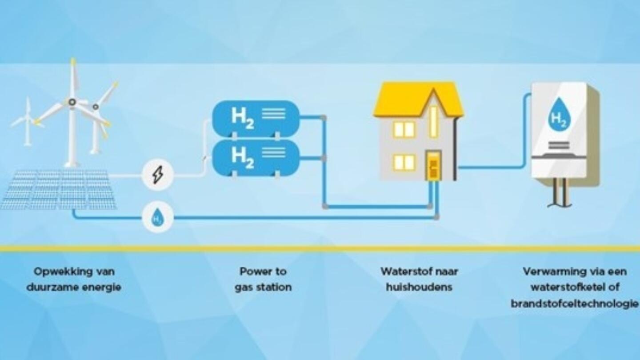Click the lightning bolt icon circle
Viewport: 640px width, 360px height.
click(x=157, y=175)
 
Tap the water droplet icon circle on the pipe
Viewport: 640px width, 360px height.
click(x=157, y=217)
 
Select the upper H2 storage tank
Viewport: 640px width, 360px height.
click(x=256, y=117)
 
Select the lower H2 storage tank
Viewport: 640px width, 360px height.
click(x=256, y=156)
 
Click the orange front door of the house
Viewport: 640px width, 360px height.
click(x=433, y=166)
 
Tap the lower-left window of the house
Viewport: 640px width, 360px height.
click(x=404, y=163)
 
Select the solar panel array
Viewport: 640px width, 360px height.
click(x=58, y=189)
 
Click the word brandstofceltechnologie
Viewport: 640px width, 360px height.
click(x=574, y=304)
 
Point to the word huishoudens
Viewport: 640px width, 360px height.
click(x=419, y=287)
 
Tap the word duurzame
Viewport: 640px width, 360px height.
click(x=54, y=287)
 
